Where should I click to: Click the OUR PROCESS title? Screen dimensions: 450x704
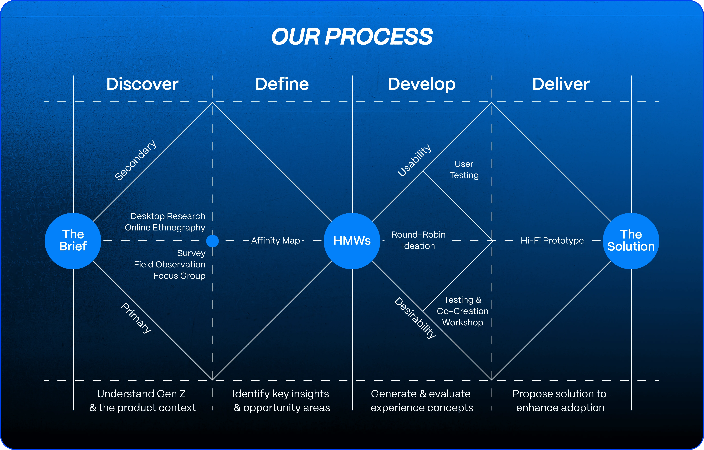(352, 37)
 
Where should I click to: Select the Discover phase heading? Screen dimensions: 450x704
(142, 84)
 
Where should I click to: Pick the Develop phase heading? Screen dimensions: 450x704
(422, 84)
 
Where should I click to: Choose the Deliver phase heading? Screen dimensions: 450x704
(561, 84)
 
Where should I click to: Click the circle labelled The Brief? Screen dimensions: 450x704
(73, 241)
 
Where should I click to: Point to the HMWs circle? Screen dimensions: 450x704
(352, 241)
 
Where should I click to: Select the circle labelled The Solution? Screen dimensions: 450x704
(631, 241)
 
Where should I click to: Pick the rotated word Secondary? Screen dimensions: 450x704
(135, 160)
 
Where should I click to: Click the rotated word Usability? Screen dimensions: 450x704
(414, 160)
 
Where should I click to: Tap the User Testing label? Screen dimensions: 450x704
(464, 169)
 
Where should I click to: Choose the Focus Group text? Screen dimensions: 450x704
(179, 276)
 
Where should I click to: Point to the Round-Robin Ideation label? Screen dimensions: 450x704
(418, 240)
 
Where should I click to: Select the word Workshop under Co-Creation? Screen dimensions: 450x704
(463, 323)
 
